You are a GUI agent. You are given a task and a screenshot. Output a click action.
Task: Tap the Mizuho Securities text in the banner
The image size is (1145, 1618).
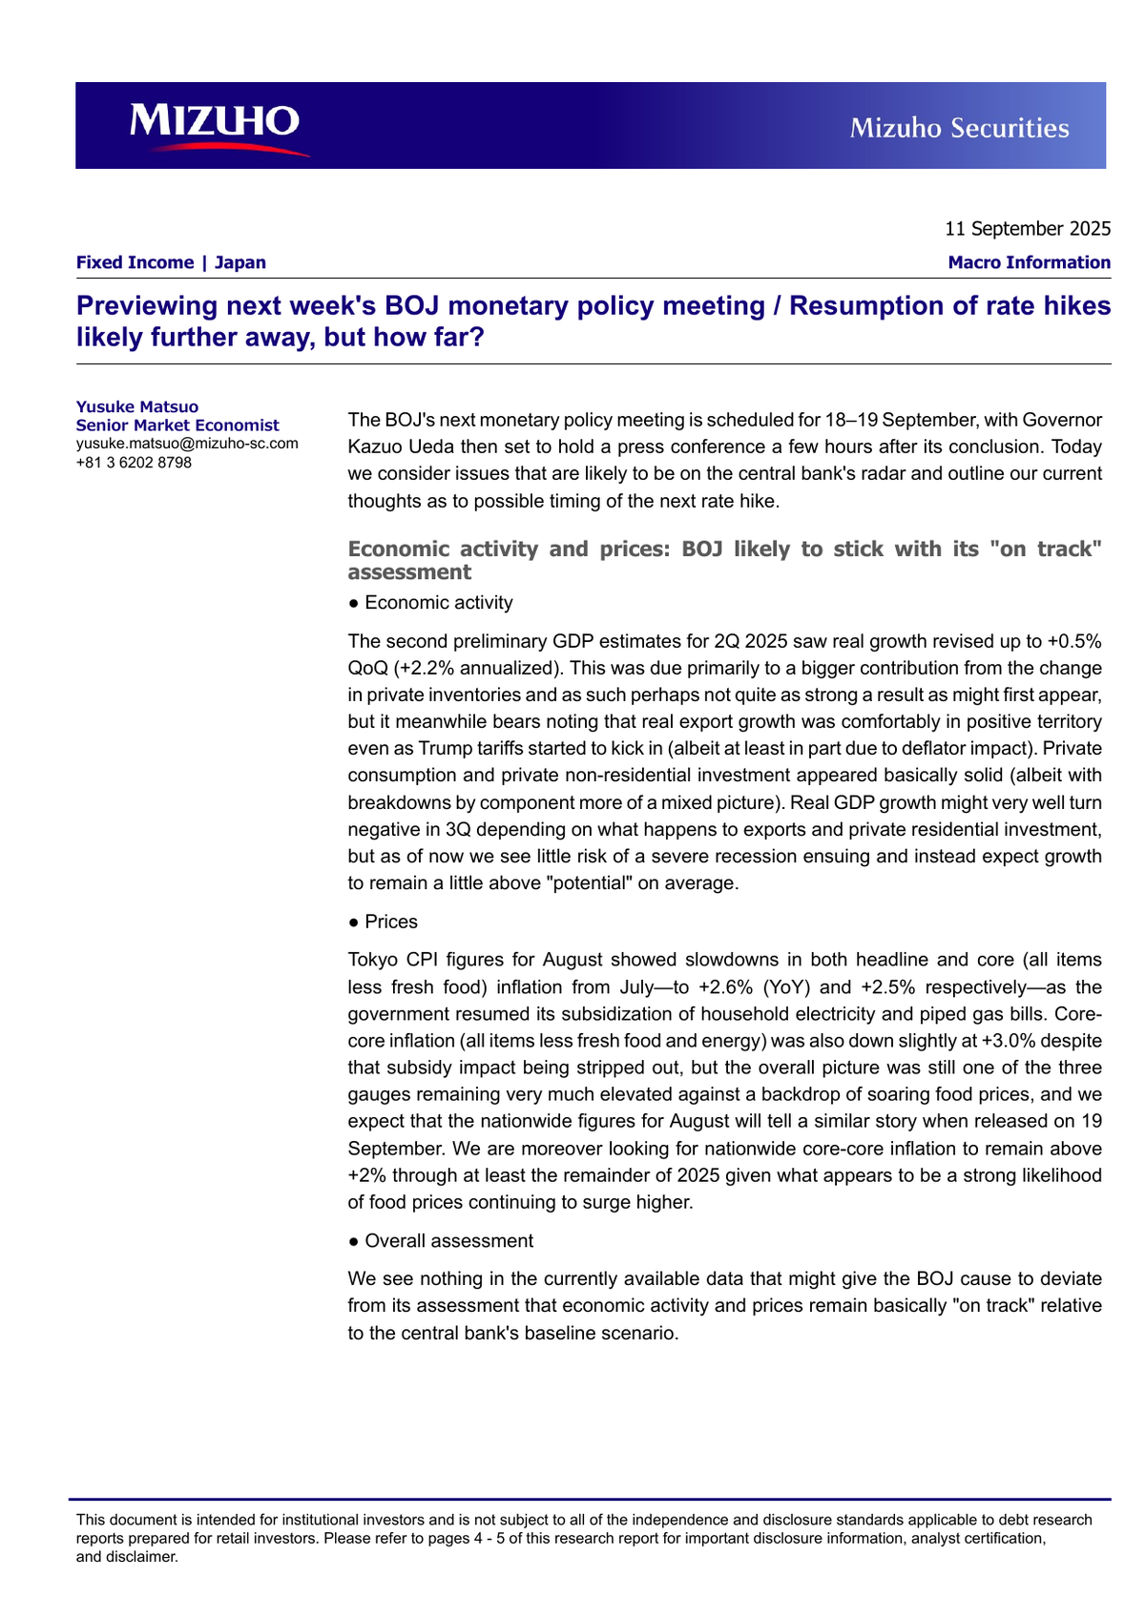pos(959,128)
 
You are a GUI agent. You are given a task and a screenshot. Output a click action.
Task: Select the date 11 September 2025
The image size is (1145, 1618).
pos(1027,229)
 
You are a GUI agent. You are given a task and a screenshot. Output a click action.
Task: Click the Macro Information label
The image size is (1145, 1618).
pos(1029,262)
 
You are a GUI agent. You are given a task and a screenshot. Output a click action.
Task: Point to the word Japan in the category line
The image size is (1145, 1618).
pos(239,262)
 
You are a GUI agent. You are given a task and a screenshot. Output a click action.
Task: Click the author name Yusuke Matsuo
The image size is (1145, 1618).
pos(137,407)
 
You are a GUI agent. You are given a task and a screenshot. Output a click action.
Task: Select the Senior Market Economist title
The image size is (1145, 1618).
pos(177,425)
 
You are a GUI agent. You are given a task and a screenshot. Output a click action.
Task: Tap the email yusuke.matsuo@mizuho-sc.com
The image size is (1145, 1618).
pos(187,444)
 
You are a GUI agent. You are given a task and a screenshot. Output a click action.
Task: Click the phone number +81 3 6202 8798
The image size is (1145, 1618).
pos(134,463)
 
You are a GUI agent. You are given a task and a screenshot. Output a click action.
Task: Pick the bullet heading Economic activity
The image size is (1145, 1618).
pos(438,603)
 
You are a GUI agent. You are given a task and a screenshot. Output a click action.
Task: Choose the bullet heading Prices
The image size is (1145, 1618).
pos(391,922)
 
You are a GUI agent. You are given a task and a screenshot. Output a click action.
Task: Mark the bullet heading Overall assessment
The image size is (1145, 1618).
pos(448,1241)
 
